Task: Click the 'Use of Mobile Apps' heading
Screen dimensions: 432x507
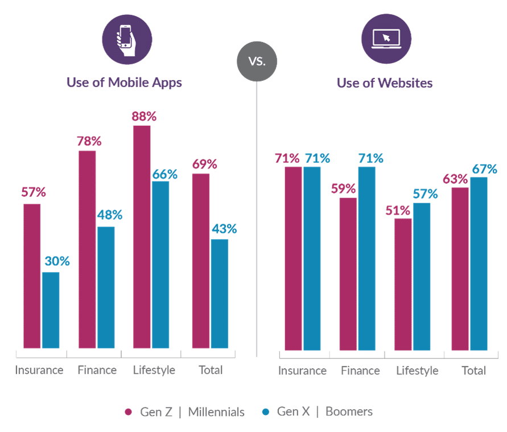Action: (124, 83)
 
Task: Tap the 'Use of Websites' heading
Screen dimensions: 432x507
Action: (385, 83)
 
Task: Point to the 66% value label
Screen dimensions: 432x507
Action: (164, 174)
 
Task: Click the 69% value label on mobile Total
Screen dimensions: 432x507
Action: (204, 165)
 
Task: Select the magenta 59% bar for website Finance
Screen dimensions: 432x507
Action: (348, 274)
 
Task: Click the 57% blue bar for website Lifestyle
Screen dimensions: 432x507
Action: (422, 277)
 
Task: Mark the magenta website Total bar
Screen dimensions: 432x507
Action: (460, 269)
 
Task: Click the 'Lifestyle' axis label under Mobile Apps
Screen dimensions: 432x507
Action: (154, 371)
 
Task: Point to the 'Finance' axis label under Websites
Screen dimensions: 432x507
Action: (360, 371)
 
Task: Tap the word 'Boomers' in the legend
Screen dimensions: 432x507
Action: (349, 412)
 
